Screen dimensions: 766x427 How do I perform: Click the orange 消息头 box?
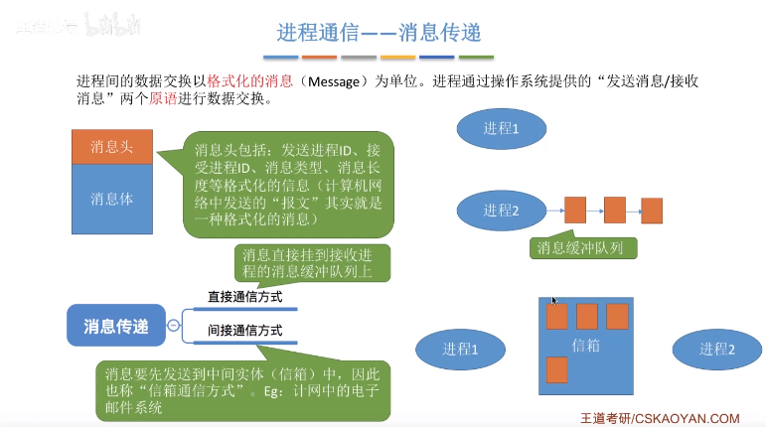111,147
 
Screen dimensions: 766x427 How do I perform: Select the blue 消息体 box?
111,199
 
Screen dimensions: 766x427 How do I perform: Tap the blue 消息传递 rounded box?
116,326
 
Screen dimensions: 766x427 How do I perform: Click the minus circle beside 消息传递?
174,325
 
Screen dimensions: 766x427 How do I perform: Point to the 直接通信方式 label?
244,296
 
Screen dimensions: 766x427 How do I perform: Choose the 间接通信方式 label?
244,330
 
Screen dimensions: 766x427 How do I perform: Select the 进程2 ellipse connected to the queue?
501,211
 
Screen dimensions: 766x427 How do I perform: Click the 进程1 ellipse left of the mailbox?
460,349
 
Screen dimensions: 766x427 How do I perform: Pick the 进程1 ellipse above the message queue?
501,128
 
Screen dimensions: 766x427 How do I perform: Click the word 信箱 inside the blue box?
587,345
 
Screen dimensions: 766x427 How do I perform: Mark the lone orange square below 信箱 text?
556,369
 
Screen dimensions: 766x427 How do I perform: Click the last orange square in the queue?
652,211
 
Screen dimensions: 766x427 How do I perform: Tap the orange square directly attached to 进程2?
575,210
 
